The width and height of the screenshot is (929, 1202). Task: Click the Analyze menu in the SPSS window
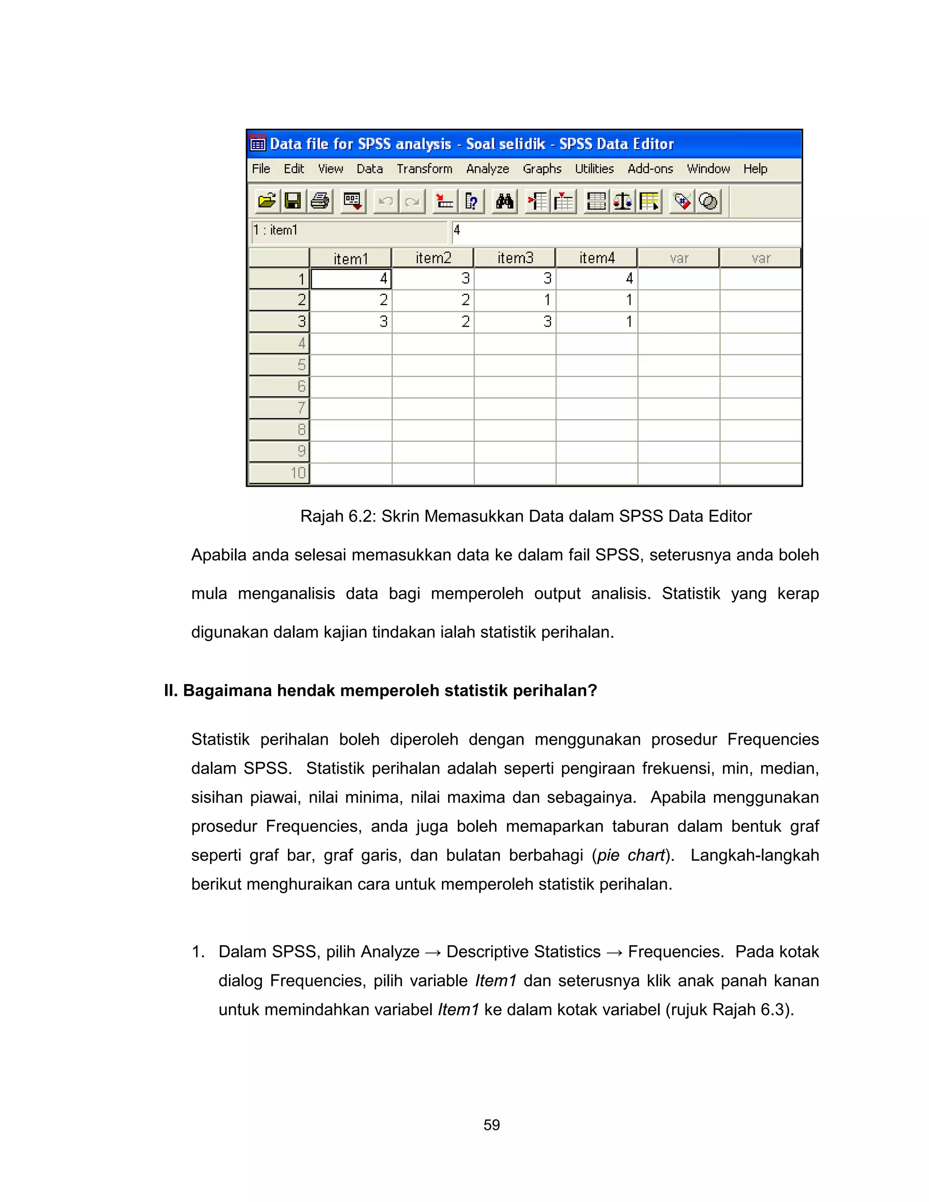pyautogui.click(x=487, y=169)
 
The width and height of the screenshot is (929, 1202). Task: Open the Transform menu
pyautogui.click(x=424, y=169)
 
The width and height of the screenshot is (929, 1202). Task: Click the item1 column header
pyautogui.click(x=351, y=258)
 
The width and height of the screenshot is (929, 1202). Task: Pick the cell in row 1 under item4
pyautogui.click(x=597, y=279)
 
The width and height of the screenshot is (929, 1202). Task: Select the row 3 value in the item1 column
pyautogui.click(x=351, y=322)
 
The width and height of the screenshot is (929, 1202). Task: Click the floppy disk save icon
pyautogui.click(x=293, y=201)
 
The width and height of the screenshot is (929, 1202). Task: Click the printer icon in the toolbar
pyautogui.click(x=320, y=201)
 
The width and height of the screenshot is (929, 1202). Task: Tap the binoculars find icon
pyautogui.click(x=504, y=201)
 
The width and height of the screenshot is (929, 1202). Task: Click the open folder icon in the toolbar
pyautogui.click(x=267, y=201)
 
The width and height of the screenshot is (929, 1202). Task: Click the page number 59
pyautogui.click(x=491, y=1125)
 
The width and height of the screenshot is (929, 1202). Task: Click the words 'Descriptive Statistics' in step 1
pyautogui.click(x=523, y=952)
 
